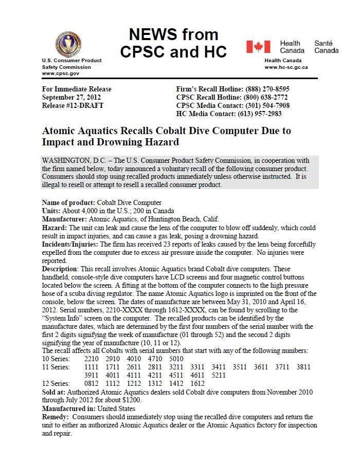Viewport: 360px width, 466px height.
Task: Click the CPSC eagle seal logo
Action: pyautogui.click(x=68, y=44)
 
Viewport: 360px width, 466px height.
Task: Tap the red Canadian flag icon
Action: pyautogui.click(x=258, y=47)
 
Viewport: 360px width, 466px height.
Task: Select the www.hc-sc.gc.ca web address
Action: pyautogui.click(x=286, y=67)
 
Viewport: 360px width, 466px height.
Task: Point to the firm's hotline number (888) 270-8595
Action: pyautogui.click(x=267, y=89)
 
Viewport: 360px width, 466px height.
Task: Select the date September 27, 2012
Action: pyautogui.click(x=71, y=97)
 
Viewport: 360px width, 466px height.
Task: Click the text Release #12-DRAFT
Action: pyautogui.click(x=73, y=105)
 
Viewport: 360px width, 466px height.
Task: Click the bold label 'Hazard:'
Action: pyautogui.click(x=54, y=228)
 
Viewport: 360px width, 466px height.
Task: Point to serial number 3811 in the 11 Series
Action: pyautogui.click(x=303, y=367)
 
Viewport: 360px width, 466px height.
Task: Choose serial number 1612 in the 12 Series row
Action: pyautogui.click(x=197, y=384)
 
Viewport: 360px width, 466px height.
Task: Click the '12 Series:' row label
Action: pyautogui.click(x=56, y=384)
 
